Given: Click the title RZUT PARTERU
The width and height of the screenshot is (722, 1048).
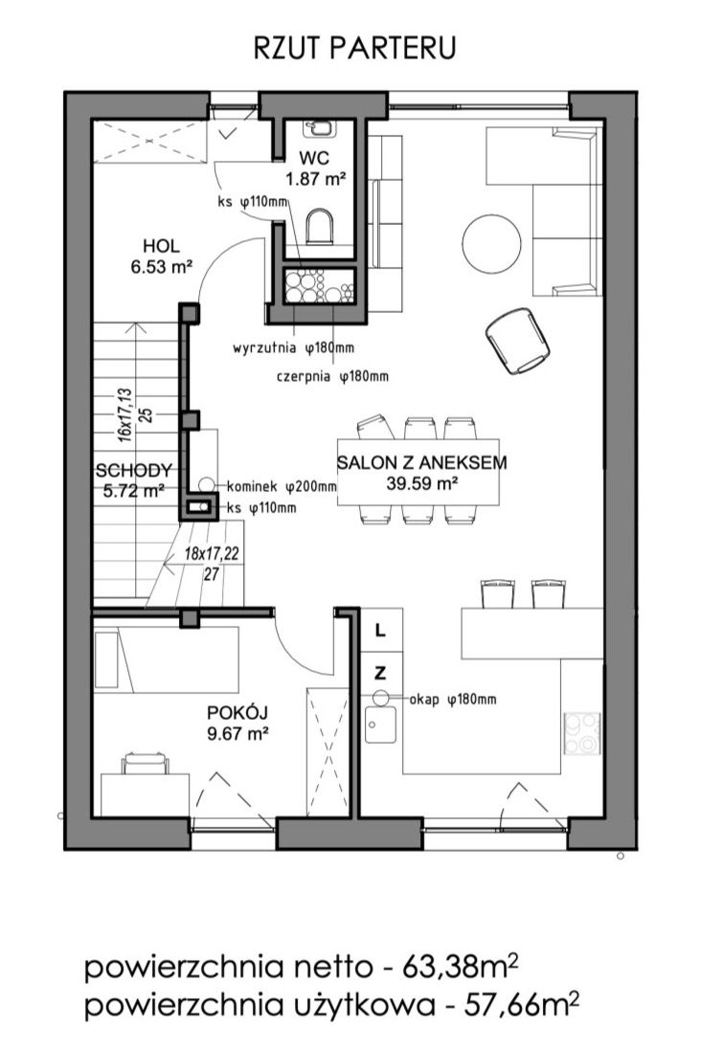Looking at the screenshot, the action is click(x=355, y=49).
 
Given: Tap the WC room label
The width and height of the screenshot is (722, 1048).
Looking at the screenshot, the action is click(x=314, y=159).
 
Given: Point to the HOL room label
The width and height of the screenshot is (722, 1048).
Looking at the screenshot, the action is click(x=161, y=246).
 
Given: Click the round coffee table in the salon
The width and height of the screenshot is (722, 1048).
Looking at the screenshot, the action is click(x=491, y=243).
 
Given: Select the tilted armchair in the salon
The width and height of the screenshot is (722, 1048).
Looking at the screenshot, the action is click(x=518, y=341).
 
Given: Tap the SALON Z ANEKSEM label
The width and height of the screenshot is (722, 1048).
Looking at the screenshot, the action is click(x=422, y=462).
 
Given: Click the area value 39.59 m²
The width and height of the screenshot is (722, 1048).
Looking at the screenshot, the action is click(x=422, y=483).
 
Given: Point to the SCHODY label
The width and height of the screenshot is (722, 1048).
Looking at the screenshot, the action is click(x=134, y=471).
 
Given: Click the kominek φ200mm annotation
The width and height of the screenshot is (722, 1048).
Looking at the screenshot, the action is click(x=282, y=486).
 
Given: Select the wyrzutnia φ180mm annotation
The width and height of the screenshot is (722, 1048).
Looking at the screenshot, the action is click(x=293, y=347).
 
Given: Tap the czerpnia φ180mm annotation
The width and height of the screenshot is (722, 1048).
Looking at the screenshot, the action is click(x=332, y=376).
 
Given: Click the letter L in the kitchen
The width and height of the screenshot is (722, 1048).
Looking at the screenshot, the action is click(x=380, y=631).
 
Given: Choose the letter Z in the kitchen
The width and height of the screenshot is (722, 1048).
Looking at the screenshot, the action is click(x=380, y=673).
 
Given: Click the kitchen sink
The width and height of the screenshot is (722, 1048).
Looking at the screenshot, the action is click(x=380, y=725).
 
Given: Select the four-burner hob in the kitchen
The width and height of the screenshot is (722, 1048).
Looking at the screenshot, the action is click(x=581, y=733).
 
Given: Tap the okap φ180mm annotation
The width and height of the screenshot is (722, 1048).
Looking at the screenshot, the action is click(x=453, y=700).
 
